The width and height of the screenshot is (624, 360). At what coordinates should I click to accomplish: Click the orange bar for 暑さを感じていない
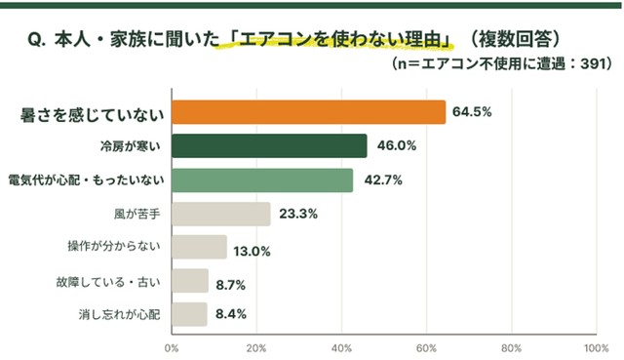(309, 112)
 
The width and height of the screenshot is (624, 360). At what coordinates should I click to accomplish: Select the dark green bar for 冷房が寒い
(269, 145)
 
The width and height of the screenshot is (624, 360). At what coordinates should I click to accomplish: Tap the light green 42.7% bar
(262, 180)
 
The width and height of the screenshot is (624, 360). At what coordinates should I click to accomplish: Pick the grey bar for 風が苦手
(221, 215)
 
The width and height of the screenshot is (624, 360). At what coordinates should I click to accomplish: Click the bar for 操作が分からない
(199, 247)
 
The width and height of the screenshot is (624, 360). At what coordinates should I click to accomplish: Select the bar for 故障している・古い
(190, 281)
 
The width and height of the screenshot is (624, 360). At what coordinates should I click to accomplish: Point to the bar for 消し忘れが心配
(189, 314)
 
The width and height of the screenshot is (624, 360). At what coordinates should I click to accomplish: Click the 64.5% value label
(472, 112)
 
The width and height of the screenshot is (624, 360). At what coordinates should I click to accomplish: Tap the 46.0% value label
(397, 145)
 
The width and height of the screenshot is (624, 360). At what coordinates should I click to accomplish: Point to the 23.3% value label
(298, 215)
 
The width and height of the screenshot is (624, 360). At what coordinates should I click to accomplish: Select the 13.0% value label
(252, 252)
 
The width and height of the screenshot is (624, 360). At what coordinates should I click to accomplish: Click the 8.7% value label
(231, 285)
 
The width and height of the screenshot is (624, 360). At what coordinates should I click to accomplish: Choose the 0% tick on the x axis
(172, 348)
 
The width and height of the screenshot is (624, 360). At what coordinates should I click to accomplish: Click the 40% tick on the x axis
(342, 348)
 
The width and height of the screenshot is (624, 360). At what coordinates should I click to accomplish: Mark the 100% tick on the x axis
(596, 348)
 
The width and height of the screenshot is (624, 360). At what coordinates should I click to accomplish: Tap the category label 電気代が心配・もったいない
(87, 180)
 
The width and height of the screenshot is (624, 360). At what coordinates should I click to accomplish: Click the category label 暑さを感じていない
(93, 115)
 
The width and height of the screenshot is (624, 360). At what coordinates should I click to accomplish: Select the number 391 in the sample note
(592, 63)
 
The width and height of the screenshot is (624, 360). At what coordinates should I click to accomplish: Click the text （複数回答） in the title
(515, 40)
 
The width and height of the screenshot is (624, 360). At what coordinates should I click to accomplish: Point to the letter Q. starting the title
(37, 40)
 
